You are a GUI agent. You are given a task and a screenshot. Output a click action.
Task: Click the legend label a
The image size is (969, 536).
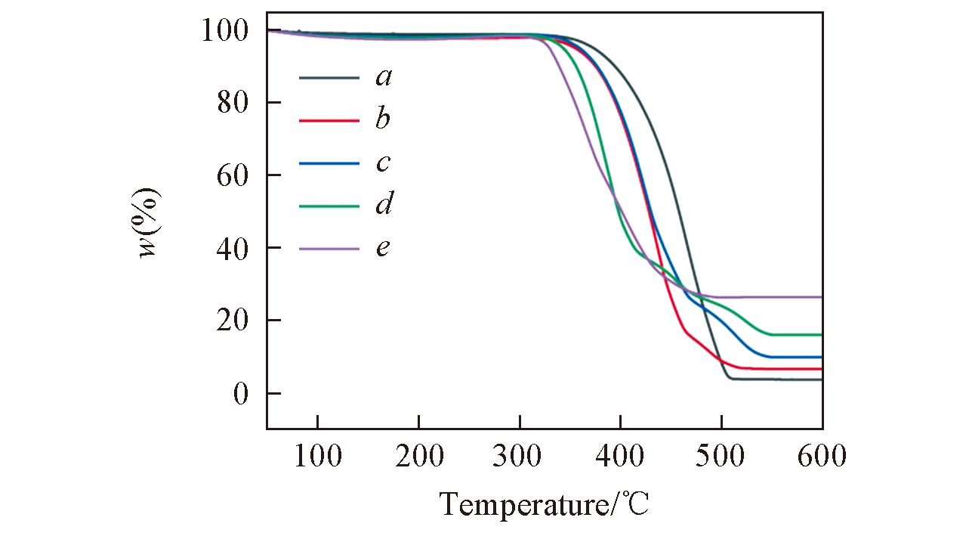[384, 77]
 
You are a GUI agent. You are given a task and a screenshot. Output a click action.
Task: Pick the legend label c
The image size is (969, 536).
[384, 163]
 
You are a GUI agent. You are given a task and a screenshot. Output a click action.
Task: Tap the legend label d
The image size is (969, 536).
[384, 204]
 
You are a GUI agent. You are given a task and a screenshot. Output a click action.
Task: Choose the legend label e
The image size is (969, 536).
[384, 247]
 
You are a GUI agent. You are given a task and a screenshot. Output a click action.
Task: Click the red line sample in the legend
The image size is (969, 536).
[329, 120]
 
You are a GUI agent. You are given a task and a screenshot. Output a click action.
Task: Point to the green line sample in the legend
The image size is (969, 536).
[329, 205]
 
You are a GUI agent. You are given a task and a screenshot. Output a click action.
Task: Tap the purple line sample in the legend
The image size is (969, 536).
[329, 248]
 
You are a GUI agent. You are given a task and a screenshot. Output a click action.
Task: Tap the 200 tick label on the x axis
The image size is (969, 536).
[418, 457]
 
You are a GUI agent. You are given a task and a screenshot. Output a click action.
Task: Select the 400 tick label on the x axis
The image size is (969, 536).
[620, 457]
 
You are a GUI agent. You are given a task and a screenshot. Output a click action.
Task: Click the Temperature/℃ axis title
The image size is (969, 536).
[544, 503]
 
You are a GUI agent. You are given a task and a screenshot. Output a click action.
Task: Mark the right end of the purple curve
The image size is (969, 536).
[821, 297]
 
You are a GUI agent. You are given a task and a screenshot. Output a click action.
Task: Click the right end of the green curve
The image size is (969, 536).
[821, 334]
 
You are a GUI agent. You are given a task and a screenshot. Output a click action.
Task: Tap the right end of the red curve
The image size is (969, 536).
[821, 369]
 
